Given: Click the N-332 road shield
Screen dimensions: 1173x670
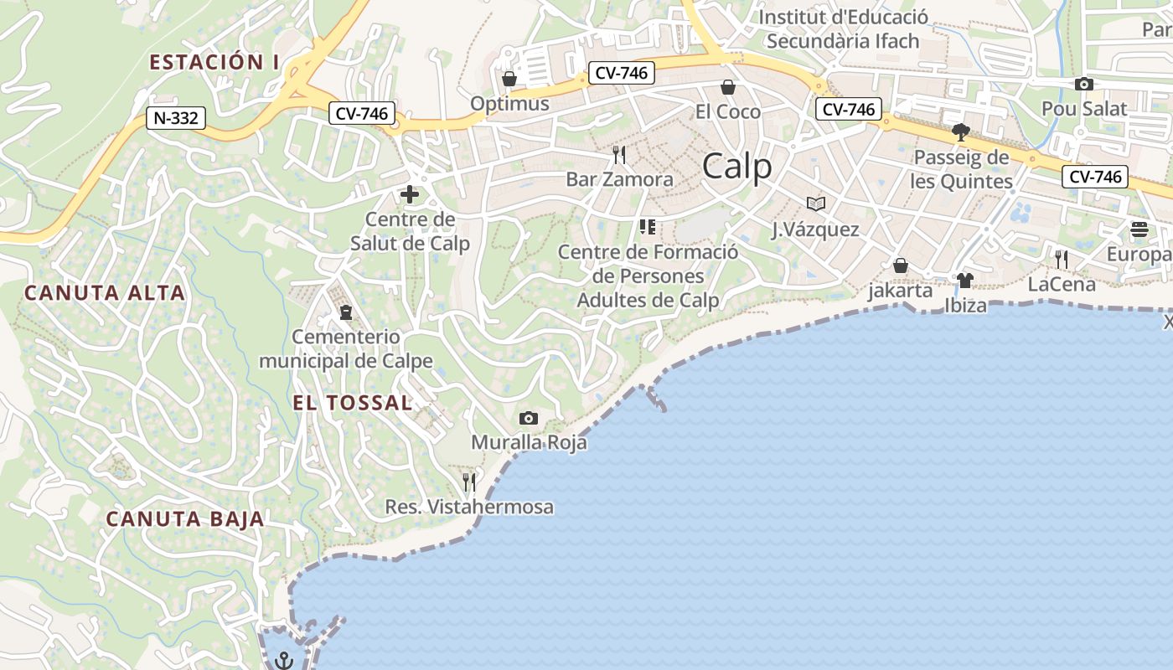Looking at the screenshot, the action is (176, 118).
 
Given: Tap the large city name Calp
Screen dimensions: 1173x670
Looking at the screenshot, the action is (737, 167).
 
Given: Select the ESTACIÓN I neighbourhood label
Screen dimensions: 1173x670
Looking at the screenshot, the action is (214, 62).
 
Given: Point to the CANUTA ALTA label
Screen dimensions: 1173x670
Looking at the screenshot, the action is (105, 293).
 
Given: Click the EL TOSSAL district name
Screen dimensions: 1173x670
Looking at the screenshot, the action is (353, 403).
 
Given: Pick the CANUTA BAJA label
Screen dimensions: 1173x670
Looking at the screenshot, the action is (185, 519).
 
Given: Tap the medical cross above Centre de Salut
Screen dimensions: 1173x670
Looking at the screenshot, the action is (410, 195).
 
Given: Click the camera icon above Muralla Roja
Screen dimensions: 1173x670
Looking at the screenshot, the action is (529, 418).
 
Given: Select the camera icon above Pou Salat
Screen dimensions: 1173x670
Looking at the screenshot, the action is (1084, 84).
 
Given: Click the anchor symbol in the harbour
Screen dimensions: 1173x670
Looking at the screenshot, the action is (284, 660).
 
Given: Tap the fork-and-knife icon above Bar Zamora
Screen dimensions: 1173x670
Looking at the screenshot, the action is (619, 155).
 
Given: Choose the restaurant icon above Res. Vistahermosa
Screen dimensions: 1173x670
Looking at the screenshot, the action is (469, 482).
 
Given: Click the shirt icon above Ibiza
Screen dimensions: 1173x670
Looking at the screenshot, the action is (965, 281).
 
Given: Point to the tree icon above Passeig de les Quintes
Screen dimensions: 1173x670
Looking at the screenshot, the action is (961, 132).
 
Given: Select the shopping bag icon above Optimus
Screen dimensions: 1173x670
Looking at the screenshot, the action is (509, 79).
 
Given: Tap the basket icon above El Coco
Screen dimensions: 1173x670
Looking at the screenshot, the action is (728, 87).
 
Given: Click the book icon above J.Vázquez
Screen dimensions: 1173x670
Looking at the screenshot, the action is (815, 204).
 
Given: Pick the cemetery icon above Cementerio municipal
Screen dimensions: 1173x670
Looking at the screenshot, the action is (345, 312).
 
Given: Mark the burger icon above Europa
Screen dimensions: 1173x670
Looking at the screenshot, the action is (1139, 229).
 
